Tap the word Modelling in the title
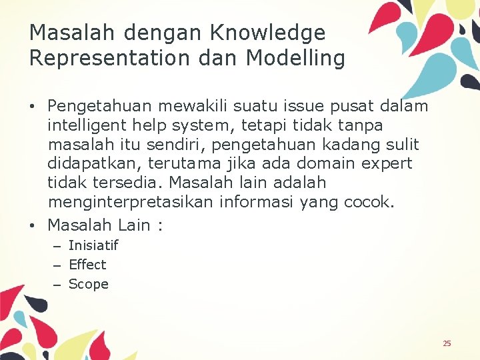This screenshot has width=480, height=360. pyautogui.click(x=295, y=59)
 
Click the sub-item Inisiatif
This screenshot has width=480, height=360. pyautogui.click(x=93, y=245)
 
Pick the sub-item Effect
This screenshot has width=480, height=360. pyautogui.click(x=87, y=265)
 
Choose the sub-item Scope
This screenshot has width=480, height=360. pyautogui.click(x=88, y=284)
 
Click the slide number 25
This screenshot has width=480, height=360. pyautogui.click(x=447, y=343)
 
